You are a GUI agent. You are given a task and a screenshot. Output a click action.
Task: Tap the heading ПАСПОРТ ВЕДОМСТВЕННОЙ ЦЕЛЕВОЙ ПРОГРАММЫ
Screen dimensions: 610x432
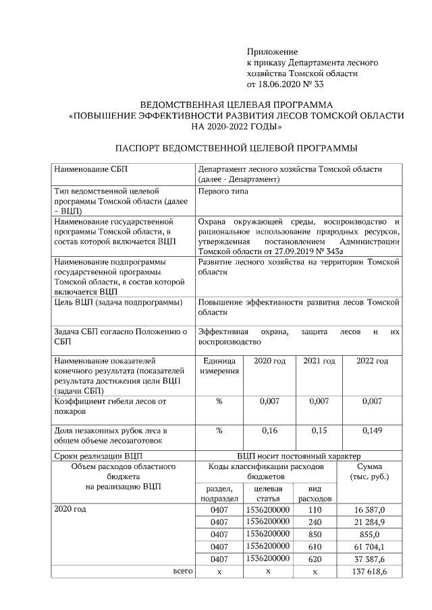point(236,148)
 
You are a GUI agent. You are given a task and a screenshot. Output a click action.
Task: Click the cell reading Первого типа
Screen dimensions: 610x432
point(223,191)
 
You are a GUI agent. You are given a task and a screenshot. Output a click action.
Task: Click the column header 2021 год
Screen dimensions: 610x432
point(319,361)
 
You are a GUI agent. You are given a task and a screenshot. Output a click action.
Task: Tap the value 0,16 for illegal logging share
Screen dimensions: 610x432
point(269,429)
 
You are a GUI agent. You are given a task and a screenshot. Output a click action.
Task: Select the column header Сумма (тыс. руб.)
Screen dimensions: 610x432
point(369,471)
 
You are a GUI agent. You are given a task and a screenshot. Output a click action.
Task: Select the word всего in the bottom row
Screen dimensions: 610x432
point(183,571)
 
